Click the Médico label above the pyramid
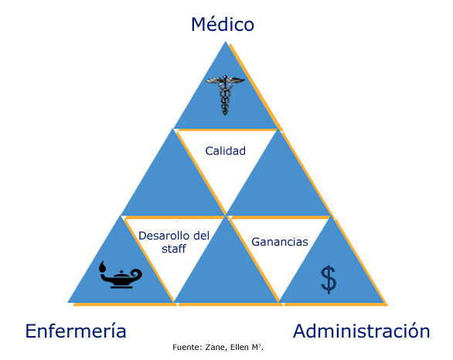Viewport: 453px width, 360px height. point(223,24)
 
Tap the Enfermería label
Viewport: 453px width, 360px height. point(76,331)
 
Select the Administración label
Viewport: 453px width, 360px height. point(362,331)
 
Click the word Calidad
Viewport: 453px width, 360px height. point(226,151)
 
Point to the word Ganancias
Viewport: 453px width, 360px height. point(280,242)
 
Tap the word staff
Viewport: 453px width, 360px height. point(174,249)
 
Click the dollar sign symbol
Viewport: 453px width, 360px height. point(329,280)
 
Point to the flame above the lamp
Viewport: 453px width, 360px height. point(103,267)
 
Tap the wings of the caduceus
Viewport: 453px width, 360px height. point(225,80)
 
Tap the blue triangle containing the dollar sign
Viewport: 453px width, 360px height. point(332,274)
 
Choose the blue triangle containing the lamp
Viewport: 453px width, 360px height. point(121,274)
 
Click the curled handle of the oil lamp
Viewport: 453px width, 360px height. point(137,274)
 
